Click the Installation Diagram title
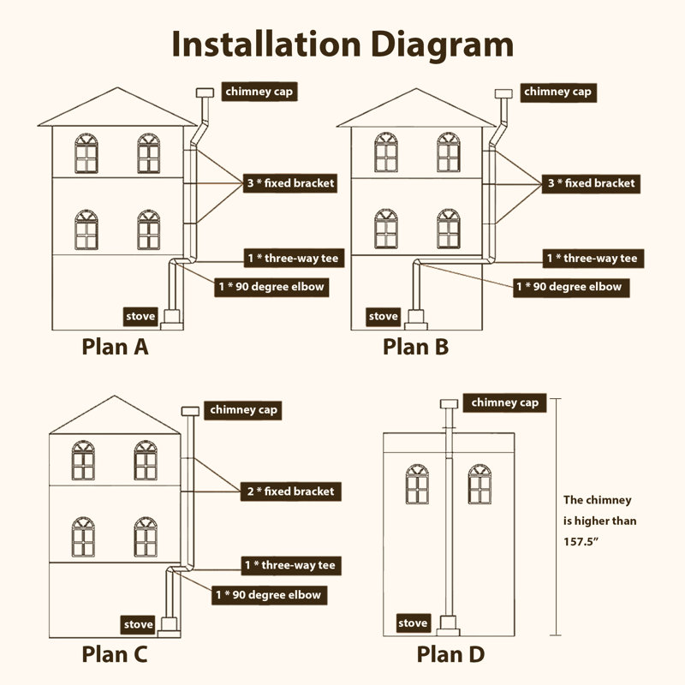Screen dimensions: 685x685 point(342,45)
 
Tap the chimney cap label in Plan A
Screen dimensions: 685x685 point(260,92)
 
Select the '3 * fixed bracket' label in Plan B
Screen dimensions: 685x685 point(590,183)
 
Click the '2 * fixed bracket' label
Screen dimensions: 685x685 point(289,491)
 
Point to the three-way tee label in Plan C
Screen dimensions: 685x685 point(290,565)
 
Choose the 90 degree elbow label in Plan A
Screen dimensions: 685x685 point(270,286)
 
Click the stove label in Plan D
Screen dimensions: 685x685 point(413,622)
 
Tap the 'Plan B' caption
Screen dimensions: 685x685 point(415,347)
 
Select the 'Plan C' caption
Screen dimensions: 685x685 point(115,655)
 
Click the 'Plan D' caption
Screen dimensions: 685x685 point(450,655)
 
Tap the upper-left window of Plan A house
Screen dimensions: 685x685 point(86,152)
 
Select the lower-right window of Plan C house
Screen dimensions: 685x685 point(146,537)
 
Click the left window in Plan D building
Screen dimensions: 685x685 point(417,485)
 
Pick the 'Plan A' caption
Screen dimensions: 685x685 point(115,347)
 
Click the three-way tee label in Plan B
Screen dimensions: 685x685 point(592,258)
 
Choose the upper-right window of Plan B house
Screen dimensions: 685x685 point(448,152)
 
